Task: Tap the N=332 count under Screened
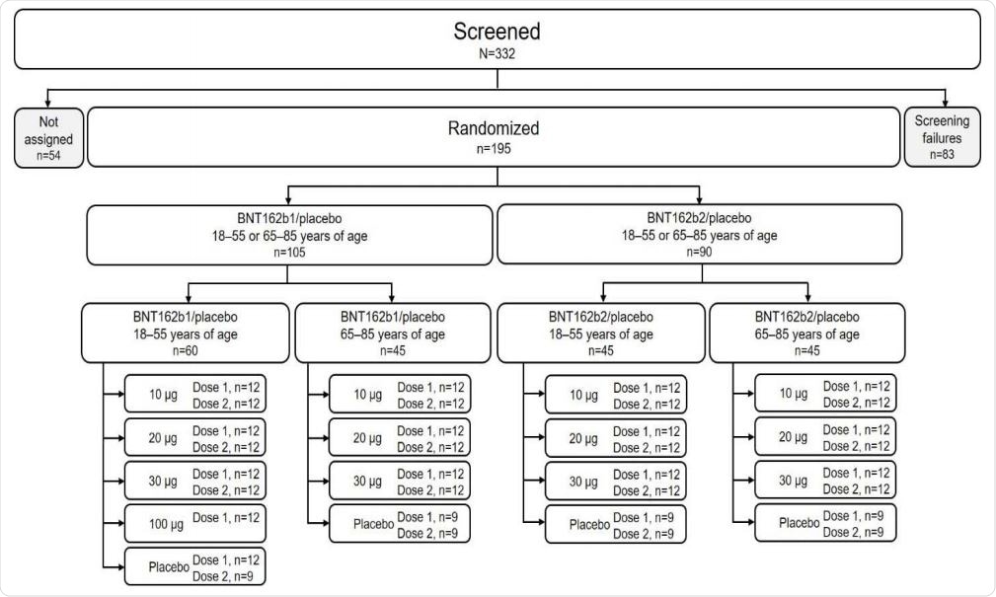pyautogui.click(x=497, y=54)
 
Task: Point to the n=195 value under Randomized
pyautogui.click(x=497, y=152)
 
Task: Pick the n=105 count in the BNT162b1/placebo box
pyautogui.click(x=290, y=253)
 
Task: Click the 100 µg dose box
pyautogui.click(x=193, y=522)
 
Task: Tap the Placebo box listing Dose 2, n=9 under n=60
pyautogui.click(x=193, y=567)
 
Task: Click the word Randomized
pyautogui.click(x=497, y=128)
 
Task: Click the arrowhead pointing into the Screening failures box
pyautogui.click(x=946, y=103)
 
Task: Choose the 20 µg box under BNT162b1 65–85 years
pyautogui.click(x=399, y=437)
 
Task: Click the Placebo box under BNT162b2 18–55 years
pyautogui.click(x=615, y=523)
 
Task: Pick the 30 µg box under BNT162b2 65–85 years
pyautogui.click(x=827, y=481)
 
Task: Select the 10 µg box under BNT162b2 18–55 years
pyautogui.click(x=615, y=395)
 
